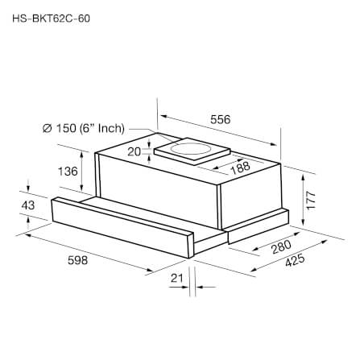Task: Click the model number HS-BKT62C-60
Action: pos(52,19)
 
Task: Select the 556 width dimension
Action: pos(220,119)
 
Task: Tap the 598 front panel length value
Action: pos(77,260)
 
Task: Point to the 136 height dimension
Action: pos(68,171)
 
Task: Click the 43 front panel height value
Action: pos(28,205)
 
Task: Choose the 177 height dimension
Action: pos(311,201)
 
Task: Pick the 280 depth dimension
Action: pos(281,246)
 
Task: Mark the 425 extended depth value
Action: pos(295,260)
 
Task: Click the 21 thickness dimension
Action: pos(176,278)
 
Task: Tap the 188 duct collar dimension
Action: pos(240,168)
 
